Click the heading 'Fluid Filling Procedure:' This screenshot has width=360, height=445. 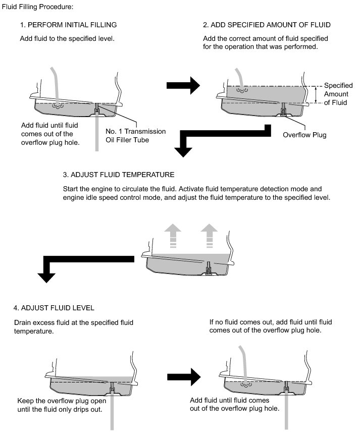click(x=38, y=7)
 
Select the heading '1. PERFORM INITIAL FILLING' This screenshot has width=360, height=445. click(x=69, y=25)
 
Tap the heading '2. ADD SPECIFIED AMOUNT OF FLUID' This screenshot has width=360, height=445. click(x=267, y=25)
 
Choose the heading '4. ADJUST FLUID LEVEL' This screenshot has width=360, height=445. click(x=54, y=308)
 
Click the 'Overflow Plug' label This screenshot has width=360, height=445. click(x=304, y=135)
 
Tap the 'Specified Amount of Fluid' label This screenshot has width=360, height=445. click(x=339, y=94)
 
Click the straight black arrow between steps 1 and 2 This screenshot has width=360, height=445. click(x=182, y=86)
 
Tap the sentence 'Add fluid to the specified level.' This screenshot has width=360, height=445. click(x=67, y=38)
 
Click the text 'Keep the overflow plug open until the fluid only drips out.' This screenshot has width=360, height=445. click(x=63, y=405)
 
